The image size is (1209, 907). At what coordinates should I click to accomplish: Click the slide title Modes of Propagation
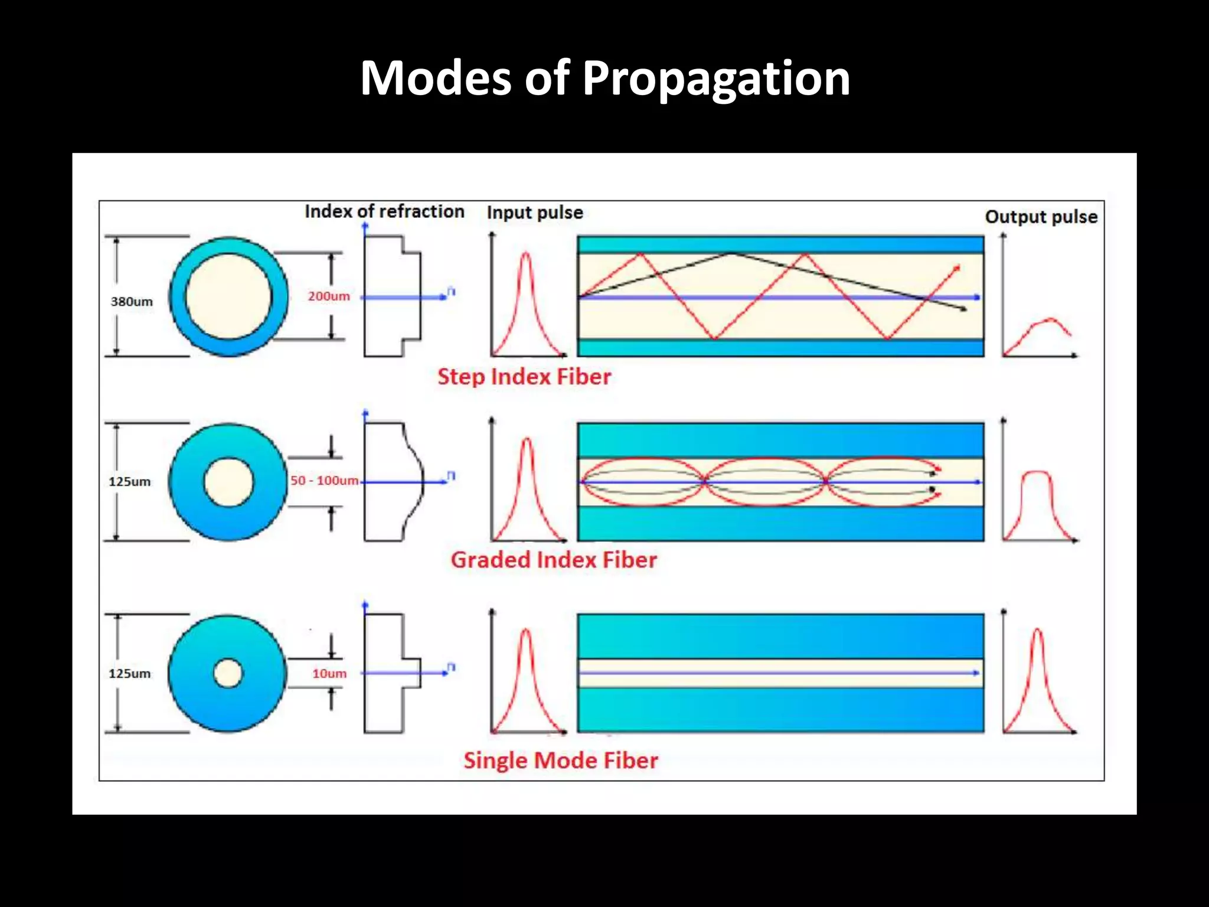pyautogui.click(x=604, y=78)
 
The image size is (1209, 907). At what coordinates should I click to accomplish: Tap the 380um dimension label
pyautogui.click(x=132, y=301)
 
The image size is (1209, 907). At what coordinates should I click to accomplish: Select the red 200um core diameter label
pyautogui.click(x=328, y=296)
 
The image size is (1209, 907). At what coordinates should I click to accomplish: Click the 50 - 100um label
pyautogui.click(x=324, y=481)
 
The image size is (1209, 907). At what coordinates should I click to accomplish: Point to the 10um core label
pyautogui.click(x=329, y=673)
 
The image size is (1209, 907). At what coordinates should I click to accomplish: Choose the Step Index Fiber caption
pyautogui.click(x=524, y=377)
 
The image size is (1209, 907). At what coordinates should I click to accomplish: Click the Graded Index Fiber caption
pyautogui.click(x=553, y=560)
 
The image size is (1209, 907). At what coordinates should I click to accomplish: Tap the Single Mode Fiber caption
pyautogui.click(x=560, y=761)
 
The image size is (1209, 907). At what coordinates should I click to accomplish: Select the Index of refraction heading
pyautogui.click(x=384, y=211)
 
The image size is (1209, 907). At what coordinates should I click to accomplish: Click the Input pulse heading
pyautogui.click(x=535, y=213)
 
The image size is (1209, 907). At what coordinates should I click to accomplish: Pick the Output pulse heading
pyautogui.click(x=1041, y=217)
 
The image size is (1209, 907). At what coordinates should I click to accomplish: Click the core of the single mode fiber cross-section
pyautogui.click(x=228, y=674)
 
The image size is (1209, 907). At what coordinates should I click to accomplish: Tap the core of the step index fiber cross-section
pyautogui.click(x=228, y=296)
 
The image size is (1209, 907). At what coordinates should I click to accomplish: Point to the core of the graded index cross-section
pyautogui.click(x=228, y=482)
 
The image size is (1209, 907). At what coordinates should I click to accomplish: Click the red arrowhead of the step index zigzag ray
pyautogui.click(x=957, y=269)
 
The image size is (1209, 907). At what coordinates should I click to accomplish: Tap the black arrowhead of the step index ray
pyautogui.click(x=963, y=309)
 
